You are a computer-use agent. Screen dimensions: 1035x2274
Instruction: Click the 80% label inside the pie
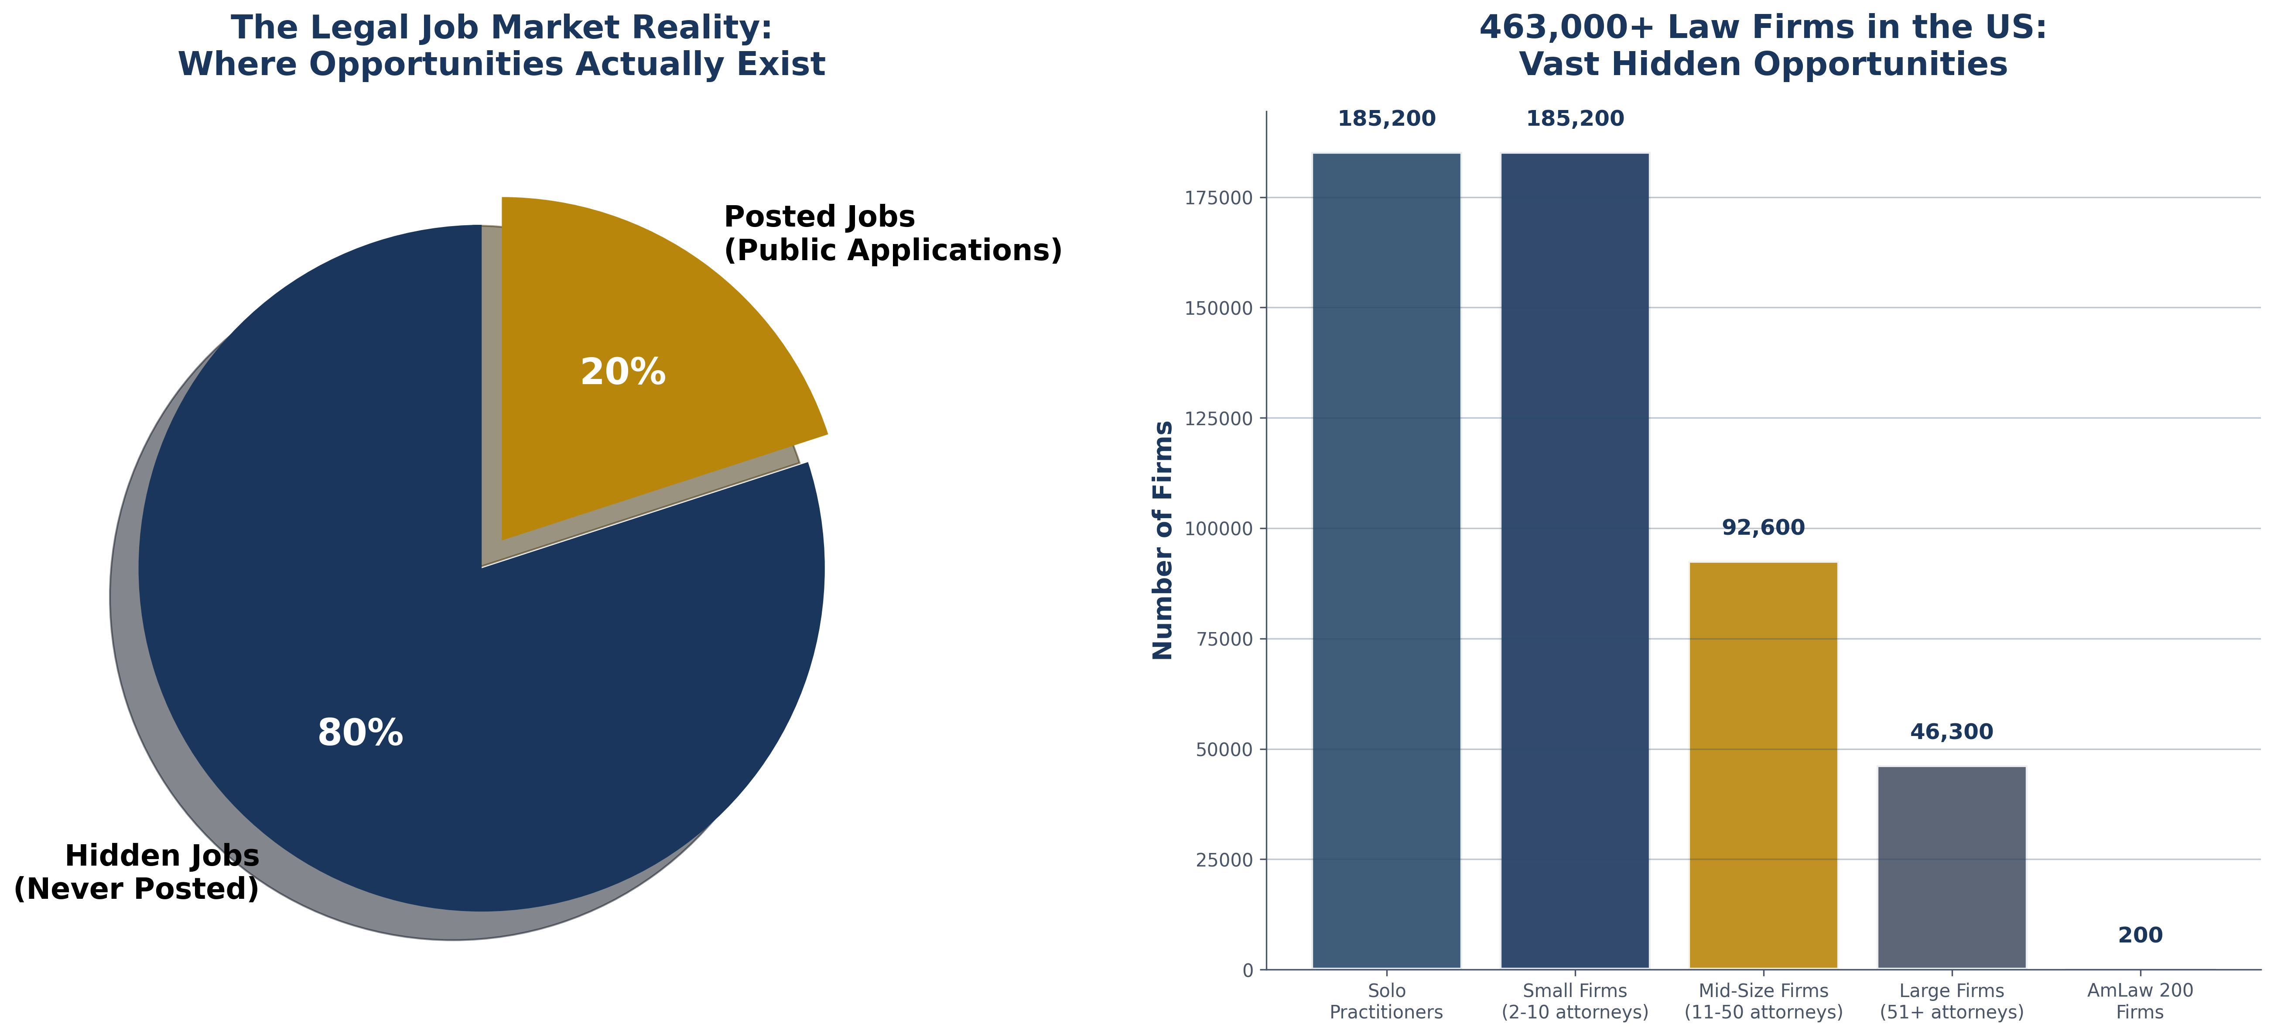coord(360,733)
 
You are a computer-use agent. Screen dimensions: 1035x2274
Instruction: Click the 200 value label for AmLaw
coord(2140,935)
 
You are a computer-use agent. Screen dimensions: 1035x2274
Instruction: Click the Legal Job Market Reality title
coord(501,46)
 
